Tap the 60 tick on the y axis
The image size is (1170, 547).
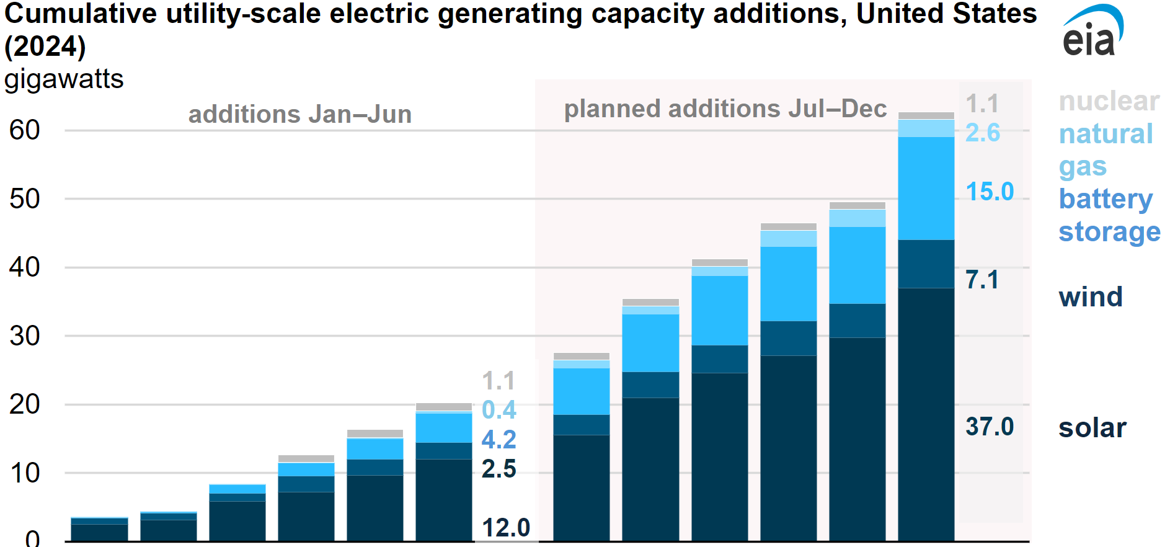25,130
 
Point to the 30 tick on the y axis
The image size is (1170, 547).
25,336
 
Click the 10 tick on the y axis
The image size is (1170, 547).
25,473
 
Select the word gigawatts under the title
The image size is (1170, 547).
64,79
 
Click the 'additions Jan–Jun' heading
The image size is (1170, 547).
300,114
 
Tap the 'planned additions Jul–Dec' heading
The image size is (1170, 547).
725,109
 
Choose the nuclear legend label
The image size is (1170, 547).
1109,101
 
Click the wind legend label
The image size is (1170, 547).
1091,296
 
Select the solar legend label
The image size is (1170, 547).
1092,428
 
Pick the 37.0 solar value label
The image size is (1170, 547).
989,427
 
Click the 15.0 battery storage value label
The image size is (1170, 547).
990,192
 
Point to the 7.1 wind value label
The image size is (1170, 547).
982,280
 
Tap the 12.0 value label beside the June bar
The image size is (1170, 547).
506,528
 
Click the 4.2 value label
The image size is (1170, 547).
499,440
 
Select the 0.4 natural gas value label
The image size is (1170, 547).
499,410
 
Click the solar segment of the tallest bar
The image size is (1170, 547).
926,416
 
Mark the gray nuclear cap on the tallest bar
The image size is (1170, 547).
926,116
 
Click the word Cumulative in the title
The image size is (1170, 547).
81,14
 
